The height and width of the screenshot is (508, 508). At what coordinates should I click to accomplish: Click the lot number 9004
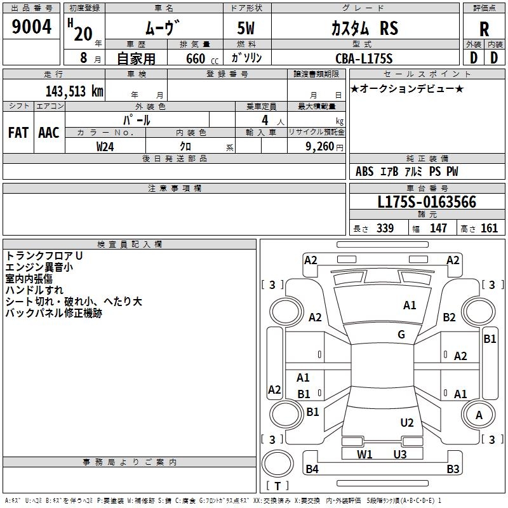(31, 27)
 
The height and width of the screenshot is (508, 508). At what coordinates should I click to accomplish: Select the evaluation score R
(484, 29)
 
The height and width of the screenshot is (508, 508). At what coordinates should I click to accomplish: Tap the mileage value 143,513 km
(74, 91)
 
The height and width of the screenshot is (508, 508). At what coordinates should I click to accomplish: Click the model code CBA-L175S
(364, 58)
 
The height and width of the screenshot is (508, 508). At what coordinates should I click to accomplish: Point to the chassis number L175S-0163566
(427, 202)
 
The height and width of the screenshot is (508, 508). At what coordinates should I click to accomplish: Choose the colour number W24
(105, 147)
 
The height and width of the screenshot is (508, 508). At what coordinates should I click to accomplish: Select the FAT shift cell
(18, 133)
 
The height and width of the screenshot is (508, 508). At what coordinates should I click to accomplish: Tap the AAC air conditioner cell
(49, 133)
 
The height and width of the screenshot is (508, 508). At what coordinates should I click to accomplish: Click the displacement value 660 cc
(202, 59)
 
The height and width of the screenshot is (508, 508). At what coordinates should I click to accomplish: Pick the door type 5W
(246, 28)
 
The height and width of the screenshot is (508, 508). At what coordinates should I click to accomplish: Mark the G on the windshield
(401, 335)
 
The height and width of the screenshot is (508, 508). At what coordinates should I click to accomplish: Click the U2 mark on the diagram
(407, 423)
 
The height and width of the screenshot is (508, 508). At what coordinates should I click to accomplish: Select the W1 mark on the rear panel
(364, 455)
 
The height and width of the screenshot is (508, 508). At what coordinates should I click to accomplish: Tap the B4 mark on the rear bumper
(312, 469)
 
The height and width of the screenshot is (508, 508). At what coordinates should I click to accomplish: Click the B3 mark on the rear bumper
(453, 469)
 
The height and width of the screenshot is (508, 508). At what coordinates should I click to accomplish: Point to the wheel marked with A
(478, 415)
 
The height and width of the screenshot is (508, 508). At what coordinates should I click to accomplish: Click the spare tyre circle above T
(277, 463)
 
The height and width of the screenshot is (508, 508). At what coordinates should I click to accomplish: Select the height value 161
(489, 228)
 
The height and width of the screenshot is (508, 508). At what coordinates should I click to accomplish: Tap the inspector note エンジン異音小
(39, 267)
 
